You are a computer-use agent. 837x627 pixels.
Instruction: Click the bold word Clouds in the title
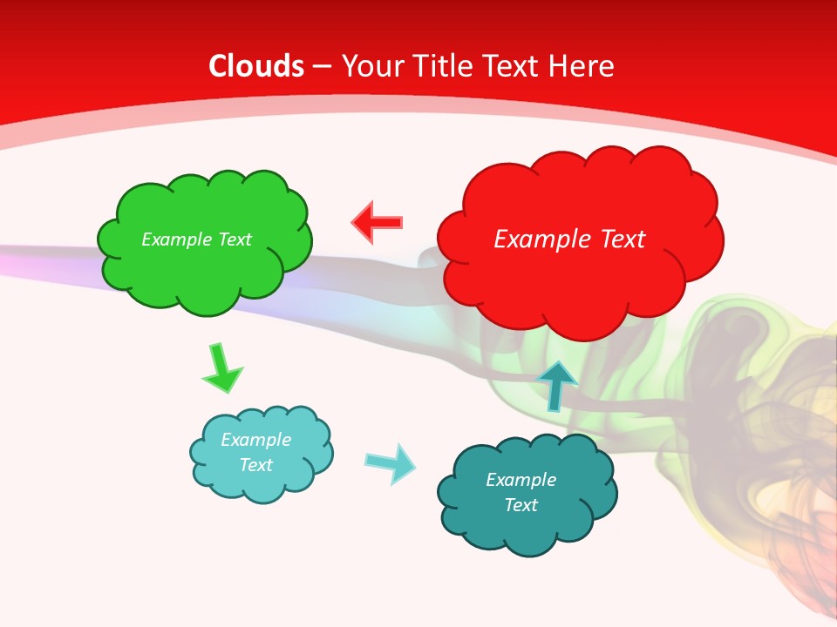256,66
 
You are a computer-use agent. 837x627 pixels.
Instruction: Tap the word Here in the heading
583,66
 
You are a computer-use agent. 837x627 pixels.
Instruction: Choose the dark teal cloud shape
527,522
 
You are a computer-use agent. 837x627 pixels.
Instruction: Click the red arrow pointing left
377,223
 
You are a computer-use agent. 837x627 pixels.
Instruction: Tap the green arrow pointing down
221,368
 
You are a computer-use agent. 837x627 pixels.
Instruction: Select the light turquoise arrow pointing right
390,462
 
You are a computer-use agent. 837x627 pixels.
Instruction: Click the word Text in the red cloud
618,239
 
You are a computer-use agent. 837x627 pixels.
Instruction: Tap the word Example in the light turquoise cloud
255,440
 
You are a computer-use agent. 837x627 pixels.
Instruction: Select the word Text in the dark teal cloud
521,505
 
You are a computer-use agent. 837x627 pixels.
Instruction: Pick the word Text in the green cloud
235,239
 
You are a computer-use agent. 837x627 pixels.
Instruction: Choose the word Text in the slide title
514,66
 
